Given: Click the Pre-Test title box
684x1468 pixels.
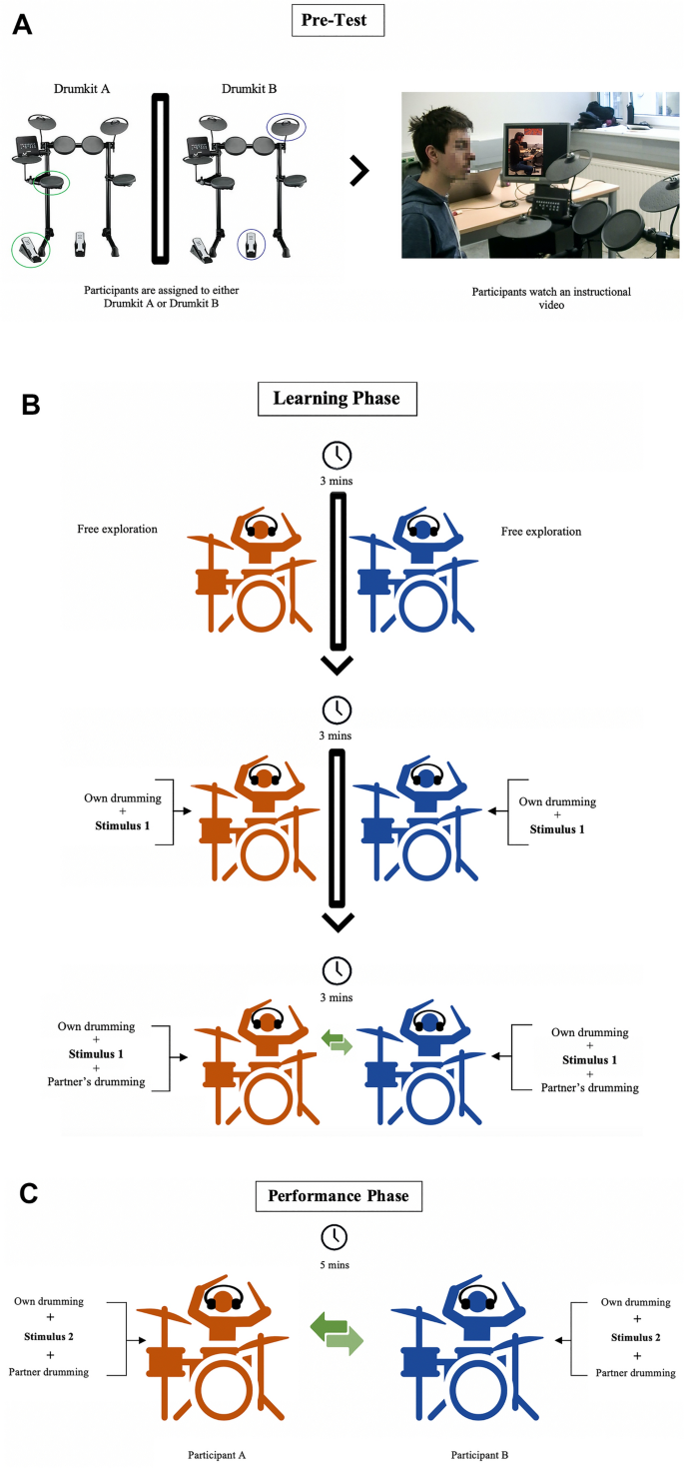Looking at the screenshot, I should click(x=338, y=20).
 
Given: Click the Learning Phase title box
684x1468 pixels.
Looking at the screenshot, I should click(x=339, y=398).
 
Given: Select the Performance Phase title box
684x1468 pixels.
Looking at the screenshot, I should click(x=339, y=1195).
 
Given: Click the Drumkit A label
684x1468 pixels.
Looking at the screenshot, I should click(x=82, y=90).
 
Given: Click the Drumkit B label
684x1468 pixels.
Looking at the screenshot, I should click(x=249, y=90).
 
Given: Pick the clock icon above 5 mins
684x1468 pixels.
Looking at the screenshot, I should click(x=335, y=1237).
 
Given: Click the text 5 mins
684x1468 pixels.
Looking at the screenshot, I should click(x=335, y=1263).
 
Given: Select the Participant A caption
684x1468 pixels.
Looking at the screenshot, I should click(x=218, y=1455).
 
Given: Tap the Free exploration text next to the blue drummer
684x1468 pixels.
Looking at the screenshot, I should click(x=541, y=531).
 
